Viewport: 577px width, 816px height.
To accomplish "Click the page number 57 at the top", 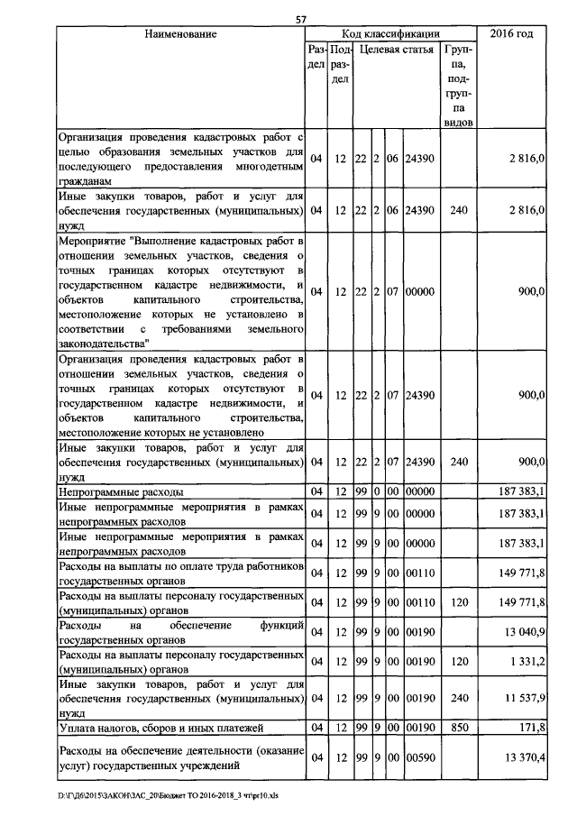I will point(301,20).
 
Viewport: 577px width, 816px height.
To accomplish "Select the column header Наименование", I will point(180,34).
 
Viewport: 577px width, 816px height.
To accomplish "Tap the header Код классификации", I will point(390,34).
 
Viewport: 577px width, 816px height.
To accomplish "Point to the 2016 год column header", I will point(511,34).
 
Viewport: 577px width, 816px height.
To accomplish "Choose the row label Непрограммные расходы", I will point(121,492).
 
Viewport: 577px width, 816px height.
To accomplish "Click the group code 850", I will point(459,727).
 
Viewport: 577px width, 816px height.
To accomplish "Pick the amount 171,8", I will point(529,727).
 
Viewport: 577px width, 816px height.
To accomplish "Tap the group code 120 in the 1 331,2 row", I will point(459,664).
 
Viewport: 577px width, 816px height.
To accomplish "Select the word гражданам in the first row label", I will point(86,181).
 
